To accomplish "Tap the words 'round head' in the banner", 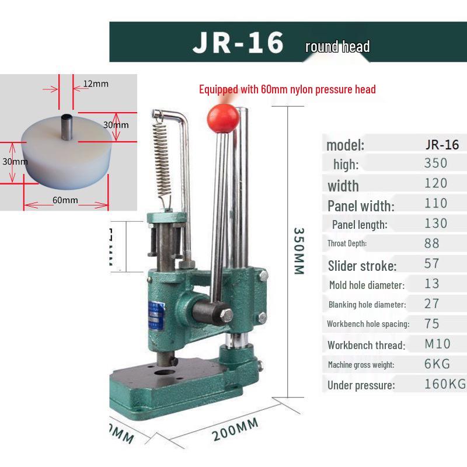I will pyautogui.click(x=337, y=47).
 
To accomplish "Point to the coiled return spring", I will pyautogui.click(x=163, y=158).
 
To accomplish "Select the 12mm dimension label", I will pyautogui.click(x=95, y=83).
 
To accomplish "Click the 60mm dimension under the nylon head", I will pyautogui.click(x=65, y=200).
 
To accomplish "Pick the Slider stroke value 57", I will pyautogui.click(x=432, y=263).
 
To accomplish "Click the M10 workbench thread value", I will pyautogui.click(x=437, y=344).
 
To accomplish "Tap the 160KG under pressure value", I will pyautogui.click(x=445, y=384).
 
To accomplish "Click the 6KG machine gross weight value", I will pyautogui.click(x=437, y=364).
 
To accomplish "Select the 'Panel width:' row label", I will pyautogui.click(x=361, y=205).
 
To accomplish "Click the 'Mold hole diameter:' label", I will pyautogui.click(x=366, y=285).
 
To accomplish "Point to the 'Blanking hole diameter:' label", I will pyautogui.click(x=367, y=304).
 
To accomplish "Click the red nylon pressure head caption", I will pyautogui.click(x=287, y=89).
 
